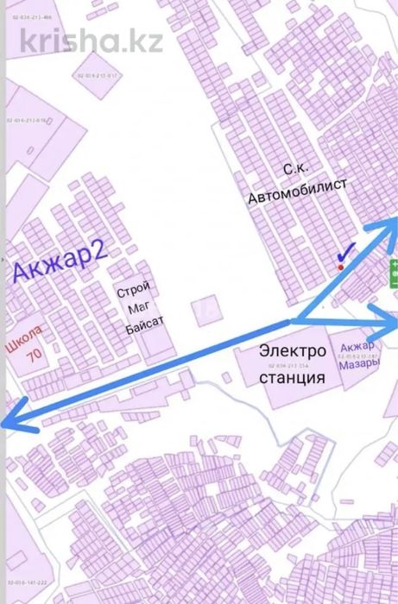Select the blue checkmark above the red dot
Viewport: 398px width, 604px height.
point(345,253)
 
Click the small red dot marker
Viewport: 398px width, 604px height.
point(343,267)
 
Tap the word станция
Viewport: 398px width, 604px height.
point(292,377)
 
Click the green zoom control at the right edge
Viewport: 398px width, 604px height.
point(393,275)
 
